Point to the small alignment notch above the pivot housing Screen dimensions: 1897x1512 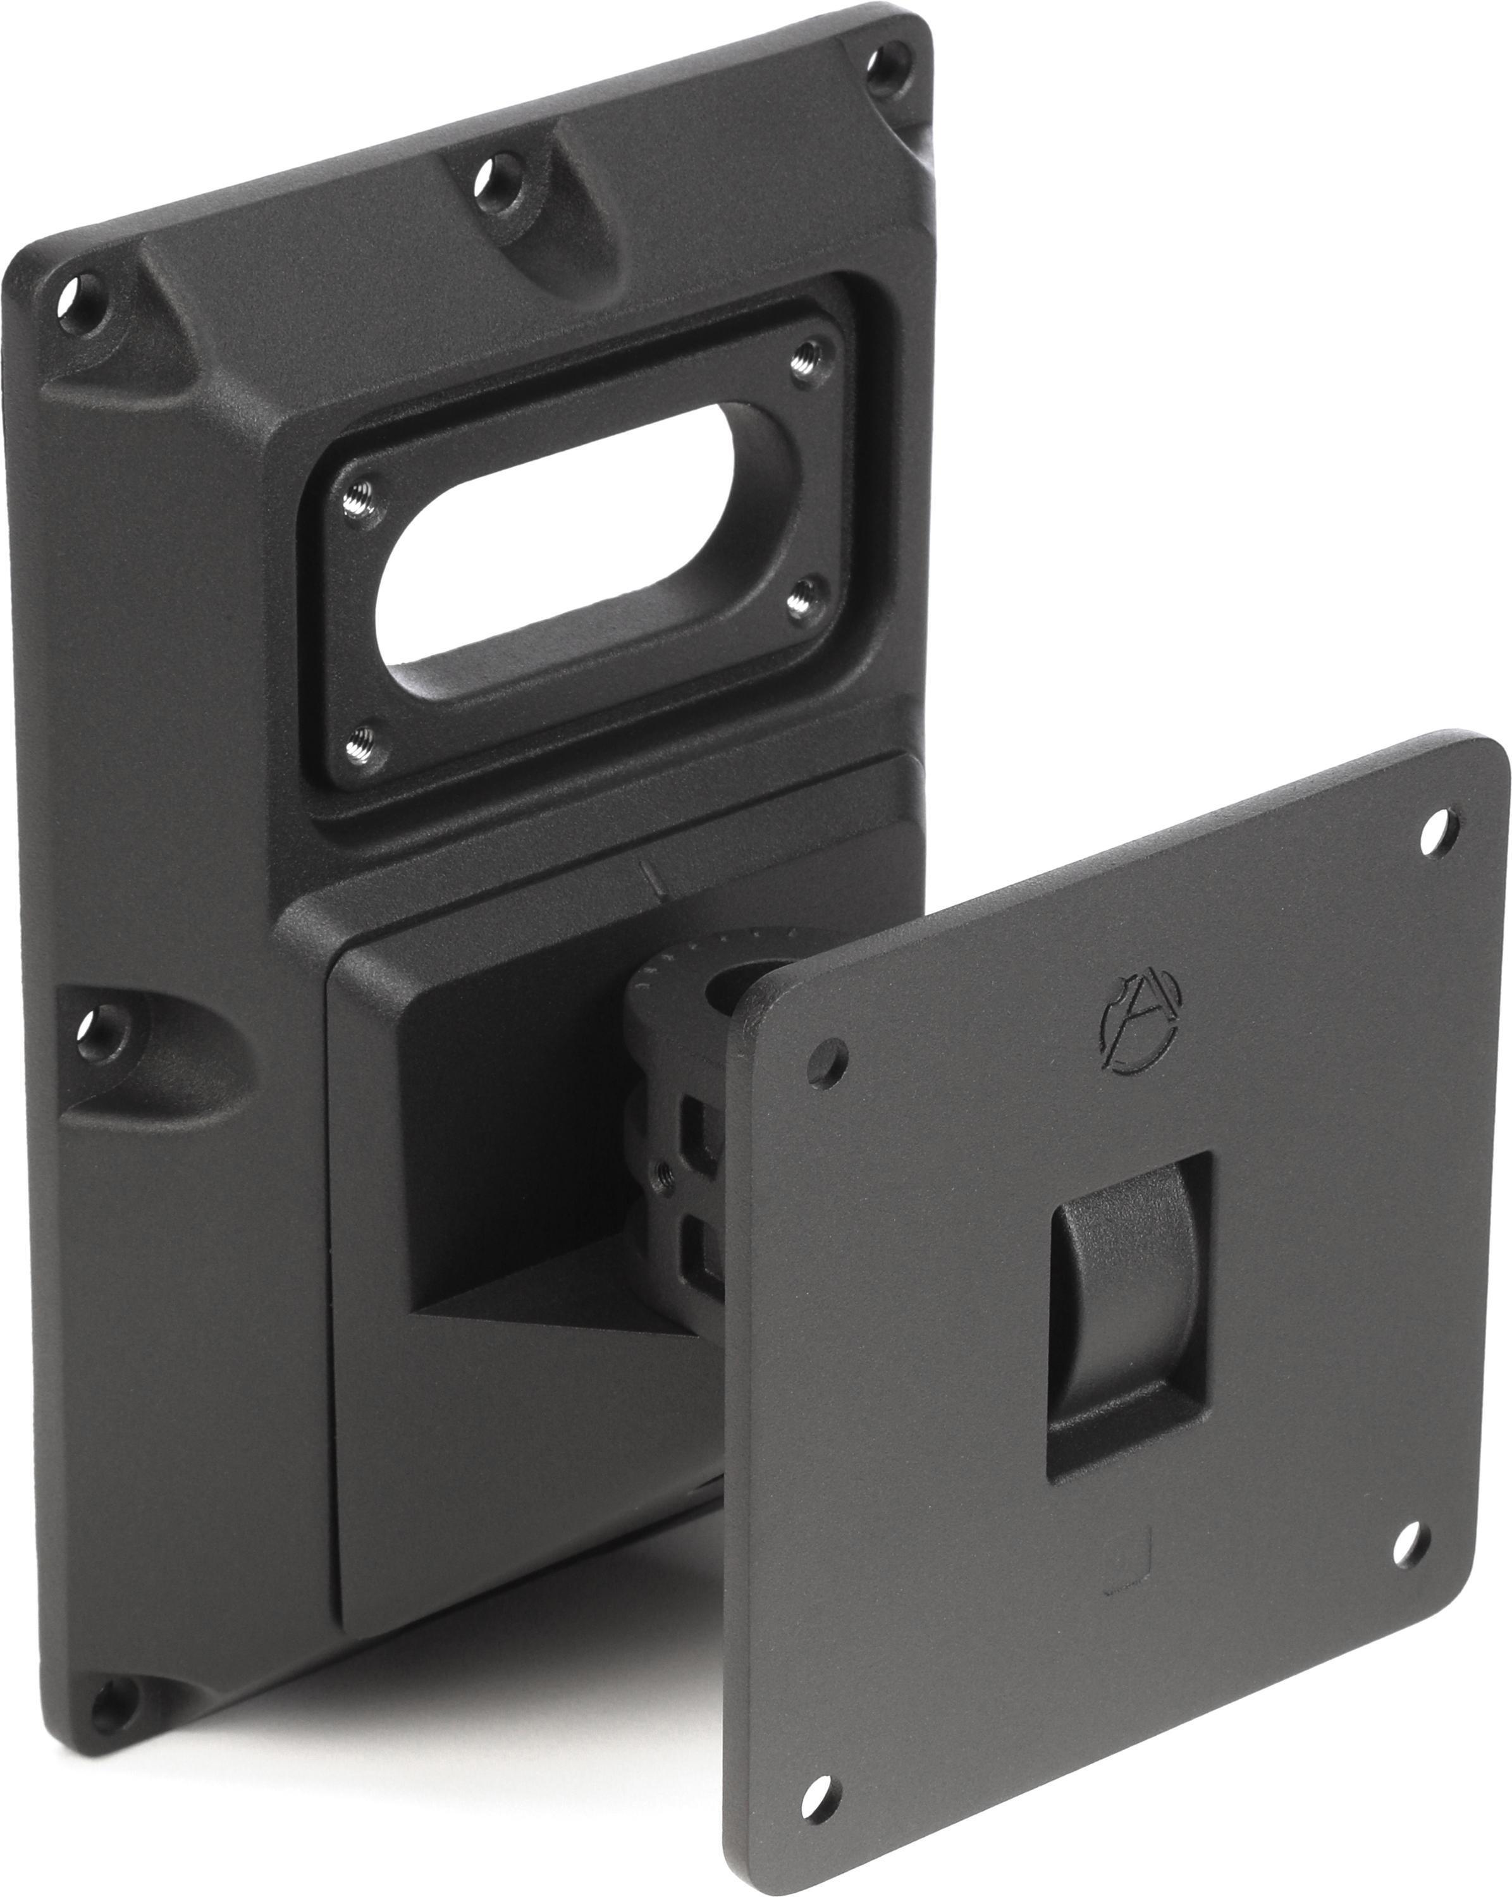649,879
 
